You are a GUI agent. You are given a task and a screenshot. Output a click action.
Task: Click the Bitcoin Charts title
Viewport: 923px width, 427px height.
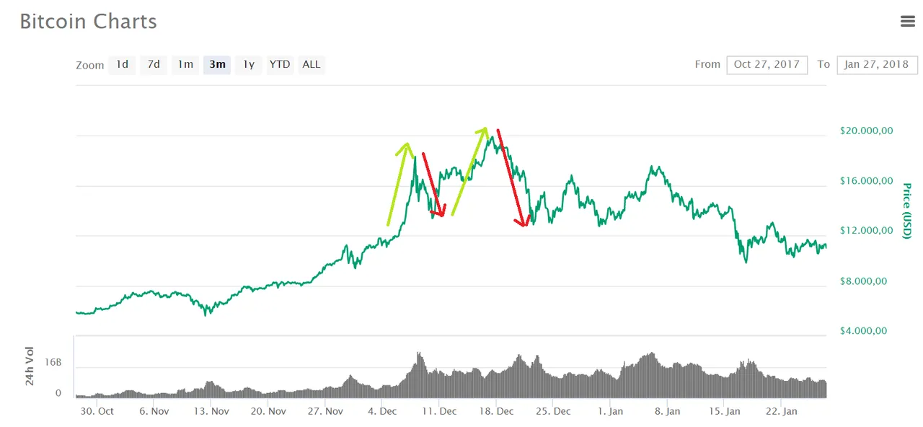88,22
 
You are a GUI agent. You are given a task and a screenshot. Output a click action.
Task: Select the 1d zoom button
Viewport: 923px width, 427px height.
123,64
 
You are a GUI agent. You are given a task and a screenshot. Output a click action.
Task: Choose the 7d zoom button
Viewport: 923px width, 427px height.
154,64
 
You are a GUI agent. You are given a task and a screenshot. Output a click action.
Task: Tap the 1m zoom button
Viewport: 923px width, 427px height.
185,64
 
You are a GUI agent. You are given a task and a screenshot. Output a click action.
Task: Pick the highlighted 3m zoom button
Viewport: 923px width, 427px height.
217,64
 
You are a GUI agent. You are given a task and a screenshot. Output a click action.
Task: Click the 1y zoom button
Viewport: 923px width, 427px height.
248,64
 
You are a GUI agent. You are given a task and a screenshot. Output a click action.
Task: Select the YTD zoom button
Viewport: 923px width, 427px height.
280,64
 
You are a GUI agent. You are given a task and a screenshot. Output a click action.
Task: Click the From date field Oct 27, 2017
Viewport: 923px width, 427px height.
767,64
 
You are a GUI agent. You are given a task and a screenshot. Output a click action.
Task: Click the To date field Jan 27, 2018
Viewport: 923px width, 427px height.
877,64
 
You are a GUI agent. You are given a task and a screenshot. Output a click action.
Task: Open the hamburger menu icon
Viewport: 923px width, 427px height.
908,22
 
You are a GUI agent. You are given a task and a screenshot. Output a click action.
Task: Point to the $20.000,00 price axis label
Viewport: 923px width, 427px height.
867,131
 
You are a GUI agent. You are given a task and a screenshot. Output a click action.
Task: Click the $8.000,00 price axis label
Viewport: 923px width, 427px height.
867,281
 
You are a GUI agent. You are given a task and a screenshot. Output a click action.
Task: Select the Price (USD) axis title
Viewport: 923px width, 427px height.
907,211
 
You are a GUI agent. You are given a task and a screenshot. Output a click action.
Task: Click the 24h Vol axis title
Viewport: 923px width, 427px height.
30,366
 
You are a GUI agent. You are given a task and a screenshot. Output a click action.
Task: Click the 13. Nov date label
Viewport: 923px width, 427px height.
211,411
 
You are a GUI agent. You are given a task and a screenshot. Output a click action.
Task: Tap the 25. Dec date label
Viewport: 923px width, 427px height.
553,411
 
